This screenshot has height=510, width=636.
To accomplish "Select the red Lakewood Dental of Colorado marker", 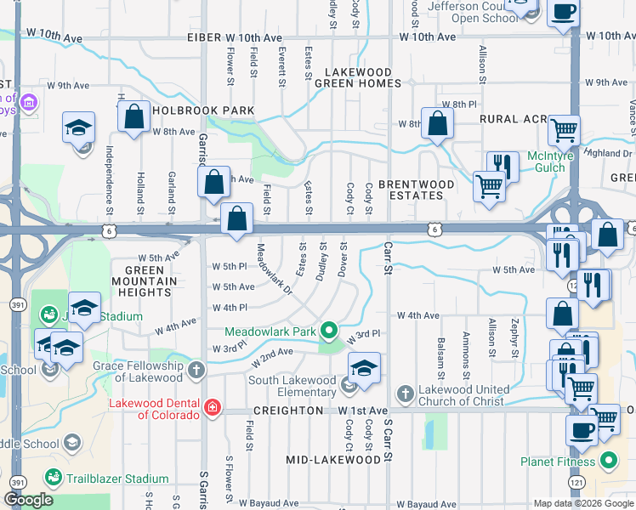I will [212, 409].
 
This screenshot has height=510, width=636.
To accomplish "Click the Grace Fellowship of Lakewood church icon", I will [196, 370].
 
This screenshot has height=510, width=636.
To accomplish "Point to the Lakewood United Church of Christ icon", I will [406, 394].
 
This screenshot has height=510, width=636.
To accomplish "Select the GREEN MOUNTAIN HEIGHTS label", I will [145, 280].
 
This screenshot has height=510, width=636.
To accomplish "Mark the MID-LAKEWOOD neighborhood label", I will [332, 460].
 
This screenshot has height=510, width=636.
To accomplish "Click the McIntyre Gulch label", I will [558, 161].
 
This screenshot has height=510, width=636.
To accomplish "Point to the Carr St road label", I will [387, 258].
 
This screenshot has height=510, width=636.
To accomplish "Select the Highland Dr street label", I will [609, 153].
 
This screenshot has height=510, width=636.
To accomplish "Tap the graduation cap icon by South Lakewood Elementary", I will [364, 369].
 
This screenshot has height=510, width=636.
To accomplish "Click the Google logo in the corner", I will [28, 500].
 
